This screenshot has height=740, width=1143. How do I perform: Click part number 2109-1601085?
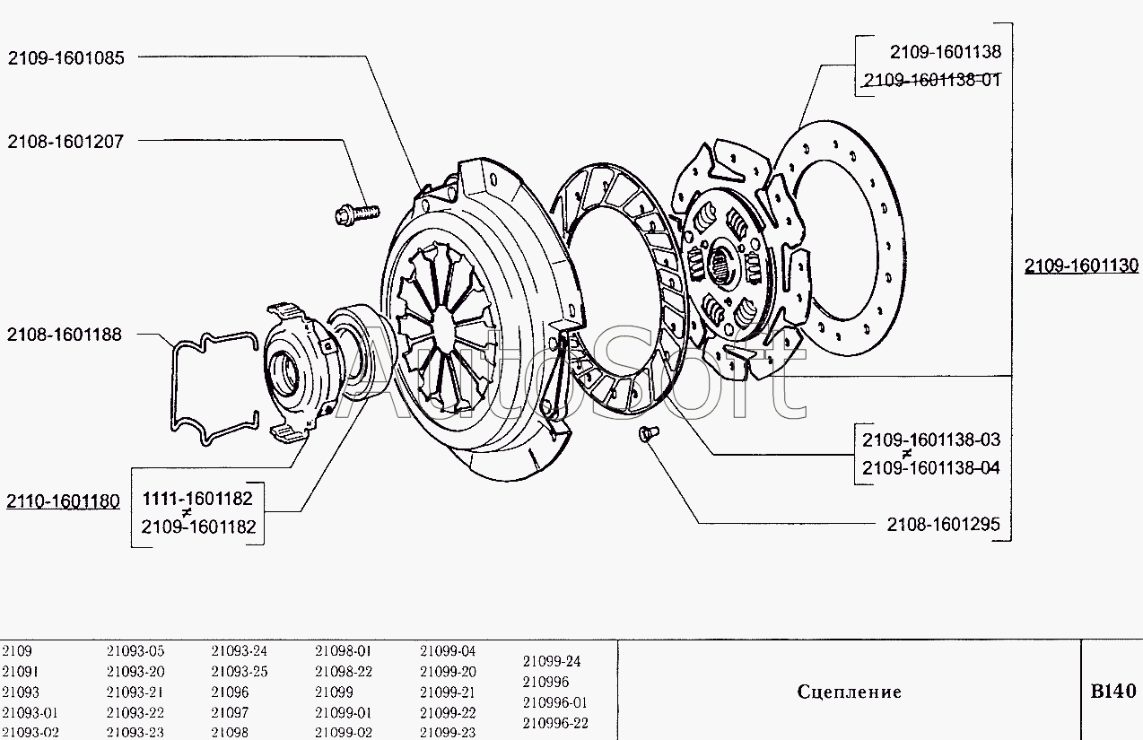pyautogui.click(x=66, y=57)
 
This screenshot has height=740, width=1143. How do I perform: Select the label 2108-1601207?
pyautogui.click(x=66, y=141)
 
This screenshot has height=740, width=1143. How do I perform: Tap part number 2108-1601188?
pyautogui.click(x=65, y=335)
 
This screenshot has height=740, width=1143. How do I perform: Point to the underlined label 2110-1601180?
pyautogui.click(x=63, y=501)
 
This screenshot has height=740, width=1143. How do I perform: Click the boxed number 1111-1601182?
pyautogui.click(x=197, y=499)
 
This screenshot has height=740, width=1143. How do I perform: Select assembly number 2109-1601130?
pyautogui.click(x=1081, y=266)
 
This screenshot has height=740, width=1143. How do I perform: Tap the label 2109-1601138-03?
pyautogui.click(x=931, y=440)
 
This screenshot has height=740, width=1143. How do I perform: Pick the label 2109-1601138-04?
pyautogui.click(x=931, y=468)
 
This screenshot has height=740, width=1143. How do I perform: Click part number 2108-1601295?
pyautogui.click(x=943, y=525)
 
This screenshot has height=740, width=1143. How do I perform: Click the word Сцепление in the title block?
pyautogui.click(x=849, y=692)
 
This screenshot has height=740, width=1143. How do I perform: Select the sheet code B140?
pyautogui.click(x=1112, y=692)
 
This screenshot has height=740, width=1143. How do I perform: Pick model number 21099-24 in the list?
pyautogui.click(x=552, y=661)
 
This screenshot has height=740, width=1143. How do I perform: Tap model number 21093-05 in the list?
pyautogui.click(x=135, y=651)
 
